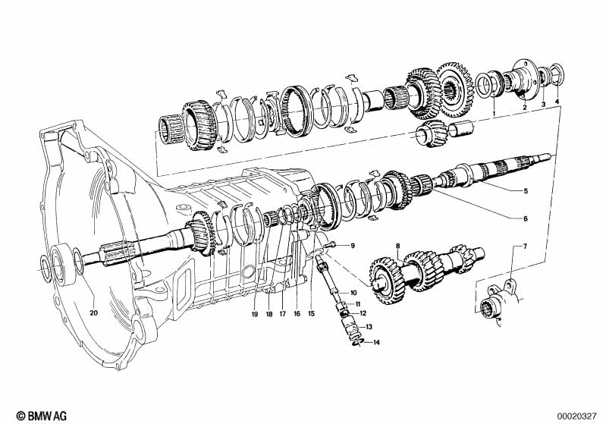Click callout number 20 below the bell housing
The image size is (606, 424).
coord(94,313)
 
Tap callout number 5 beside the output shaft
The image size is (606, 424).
coord(526,191)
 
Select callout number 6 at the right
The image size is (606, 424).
coord(526,218)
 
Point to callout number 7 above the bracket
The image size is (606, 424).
coord(525,246)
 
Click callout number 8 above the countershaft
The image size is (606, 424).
coord(398,246)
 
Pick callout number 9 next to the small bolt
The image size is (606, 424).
coord(353,246)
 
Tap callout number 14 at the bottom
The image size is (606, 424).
coord(376,342)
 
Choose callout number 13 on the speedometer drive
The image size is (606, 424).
coord(369,327)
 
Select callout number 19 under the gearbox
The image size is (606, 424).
coord(254,314)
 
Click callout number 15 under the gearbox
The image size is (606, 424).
coord(312,314)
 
